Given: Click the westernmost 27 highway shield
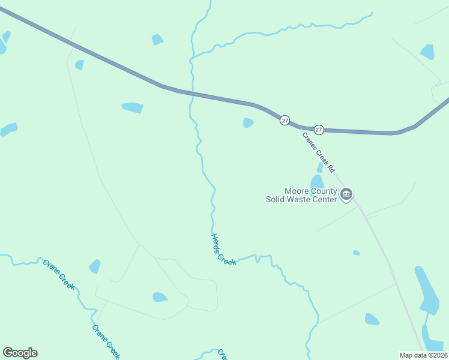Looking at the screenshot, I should click(x=285, y=121).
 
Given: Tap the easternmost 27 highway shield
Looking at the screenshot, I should click(x=319, y=129).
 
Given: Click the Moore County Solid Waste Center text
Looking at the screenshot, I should click(x=302, y=195).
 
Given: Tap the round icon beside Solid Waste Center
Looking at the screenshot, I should click(x=346, y=194).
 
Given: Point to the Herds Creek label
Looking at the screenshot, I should click(x=222, y=250).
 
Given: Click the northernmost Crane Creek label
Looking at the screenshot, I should click(x=59, y=274).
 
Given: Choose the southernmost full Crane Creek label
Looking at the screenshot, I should click(x=106, y=341).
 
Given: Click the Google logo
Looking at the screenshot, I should click(x=20, y=353).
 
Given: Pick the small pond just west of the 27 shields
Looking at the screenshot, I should click(x=248, y=122).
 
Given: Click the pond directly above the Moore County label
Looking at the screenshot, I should click(x=317, y=181).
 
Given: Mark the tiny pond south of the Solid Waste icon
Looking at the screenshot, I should click(x=356, y=253).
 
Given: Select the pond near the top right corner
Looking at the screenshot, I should click(x=427, y=52).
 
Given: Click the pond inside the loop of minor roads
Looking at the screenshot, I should click(x=160, y=297).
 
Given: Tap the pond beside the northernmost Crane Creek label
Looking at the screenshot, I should click(x=95, y=266).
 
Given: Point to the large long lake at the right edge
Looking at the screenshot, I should click(x=427, y=291).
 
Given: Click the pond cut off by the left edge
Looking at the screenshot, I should click(x=8, y=129).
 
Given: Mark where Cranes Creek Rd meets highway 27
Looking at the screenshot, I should click(x=300, y=127).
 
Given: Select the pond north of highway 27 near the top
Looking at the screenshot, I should click(x=157, y=40).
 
